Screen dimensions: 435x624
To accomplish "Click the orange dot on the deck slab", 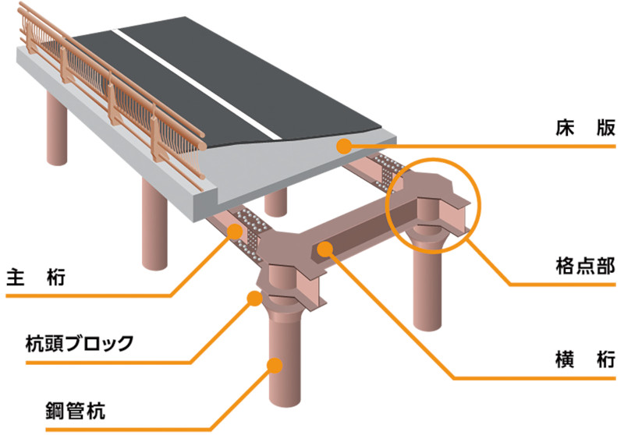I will click(342, 144).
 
